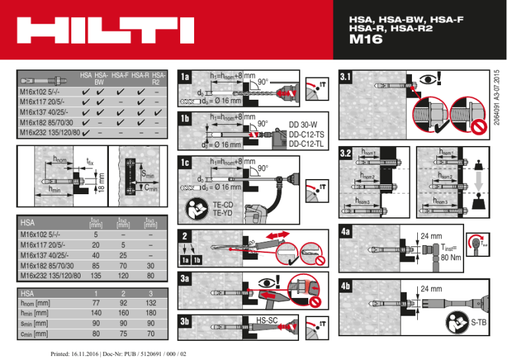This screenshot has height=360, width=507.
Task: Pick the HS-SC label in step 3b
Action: (x=267, y=320)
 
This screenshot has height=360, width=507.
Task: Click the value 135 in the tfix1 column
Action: (x=96, y=275)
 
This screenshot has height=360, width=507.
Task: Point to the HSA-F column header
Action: (x=121, y=76)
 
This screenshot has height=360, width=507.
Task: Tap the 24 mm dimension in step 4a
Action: (x=432, y=235)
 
